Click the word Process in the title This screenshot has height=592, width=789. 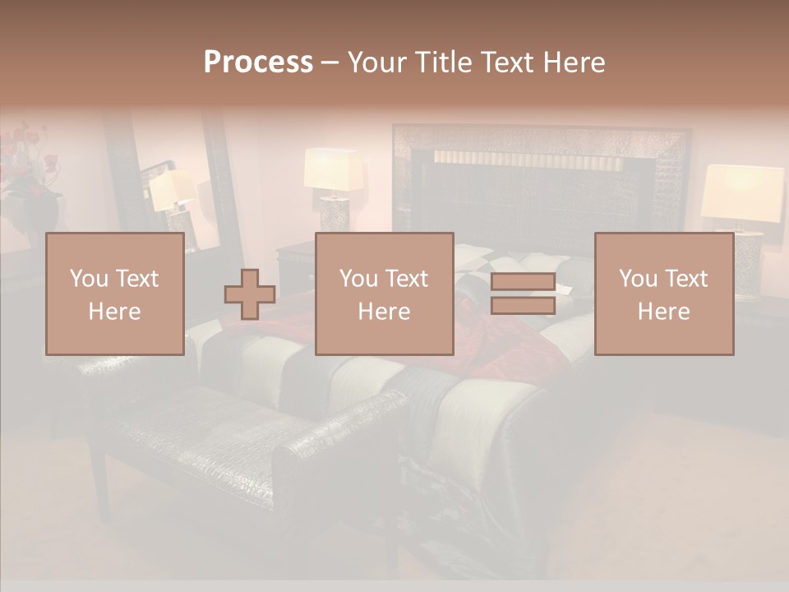[258, 62]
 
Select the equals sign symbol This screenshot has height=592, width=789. [523, 294]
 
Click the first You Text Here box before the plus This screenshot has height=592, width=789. [114, 294]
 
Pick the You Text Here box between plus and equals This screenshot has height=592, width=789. [384, 294]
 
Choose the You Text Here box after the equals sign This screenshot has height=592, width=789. [663, 294]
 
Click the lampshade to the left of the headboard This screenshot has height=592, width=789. [333, 169]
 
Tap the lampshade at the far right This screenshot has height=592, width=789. [742, 192]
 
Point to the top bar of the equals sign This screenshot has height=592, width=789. [523, 281]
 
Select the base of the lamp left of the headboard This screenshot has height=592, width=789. [335, 214]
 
